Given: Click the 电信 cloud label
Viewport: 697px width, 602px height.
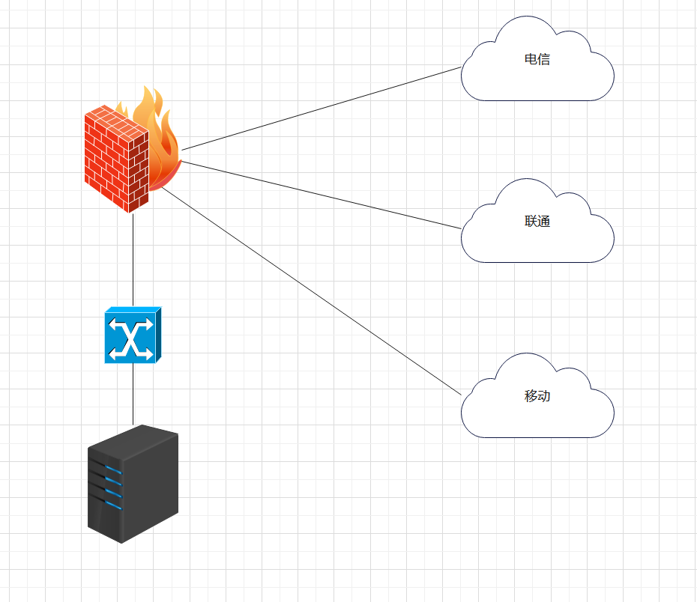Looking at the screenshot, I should [x=537, y=59].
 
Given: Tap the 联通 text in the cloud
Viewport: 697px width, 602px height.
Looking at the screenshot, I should [x=537, y=221].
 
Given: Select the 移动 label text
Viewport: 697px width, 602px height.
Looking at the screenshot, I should [x=537, y=396].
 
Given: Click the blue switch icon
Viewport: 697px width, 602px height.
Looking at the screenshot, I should [x=133, y=335].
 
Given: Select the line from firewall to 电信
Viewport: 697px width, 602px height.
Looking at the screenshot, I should [x=322, y=109].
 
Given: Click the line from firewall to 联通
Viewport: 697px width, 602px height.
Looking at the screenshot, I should [x=322, y=195].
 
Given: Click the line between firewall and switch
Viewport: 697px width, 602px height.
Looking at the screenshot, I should [x=133, y=258].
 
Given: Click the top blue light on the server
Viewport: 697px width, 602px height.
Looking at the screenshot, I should [x=112, y=470].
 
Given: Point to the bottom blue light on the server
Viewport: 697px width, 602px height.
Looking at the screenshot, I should [x=112, y=505].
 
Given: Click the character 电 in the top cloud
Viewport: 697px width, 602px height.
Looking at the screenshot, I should [x=531, y=59].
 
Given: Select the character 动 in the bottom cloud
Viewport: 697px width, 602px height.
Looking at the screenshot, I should [x=544, y=396].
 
